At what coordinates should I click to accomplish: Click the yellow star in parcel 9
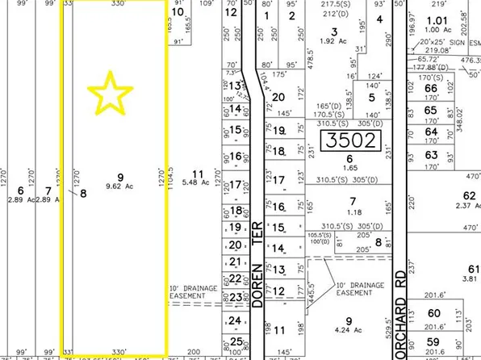pos(112,92)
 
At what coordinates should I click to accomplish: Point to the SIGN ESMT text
pos(459,40)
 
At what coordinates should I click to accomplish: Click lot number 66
pos(430,88)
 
